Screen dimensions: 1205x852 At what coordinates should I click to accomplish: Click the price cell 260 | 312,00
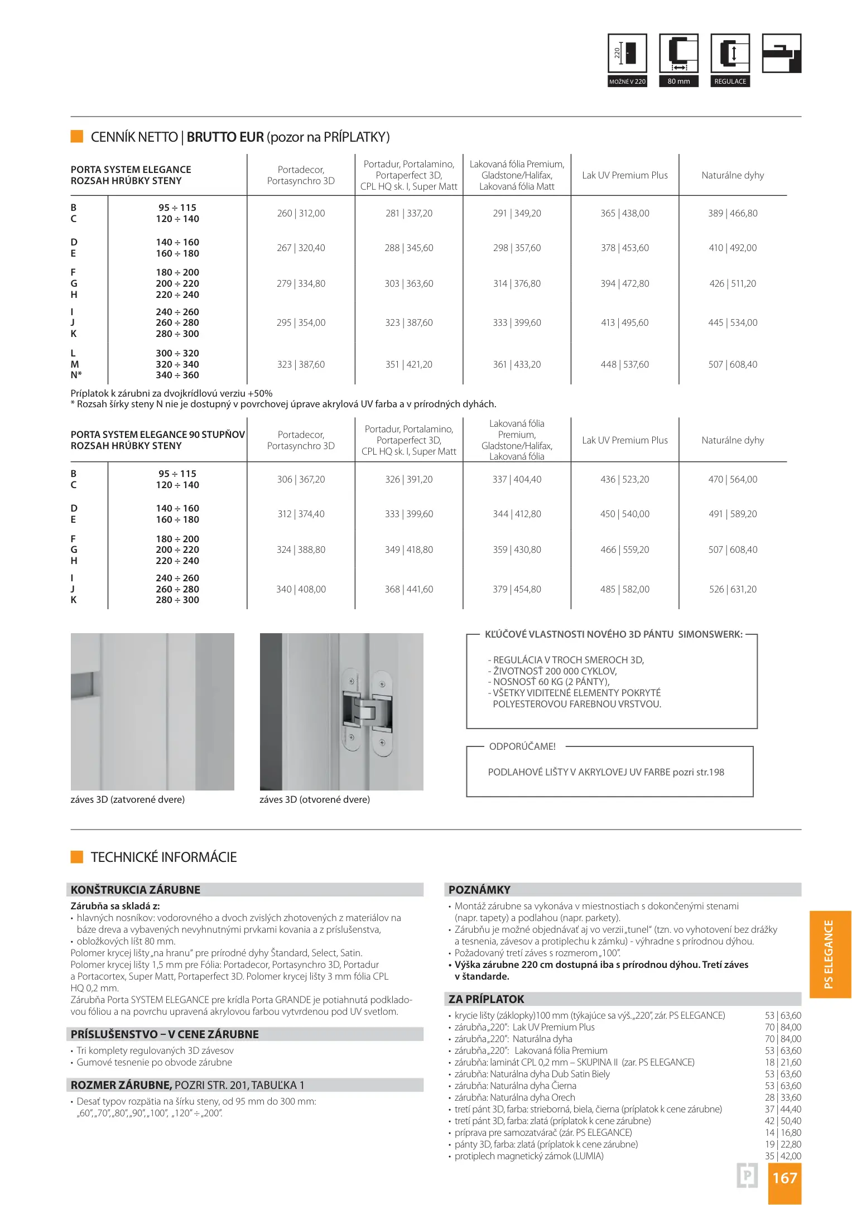click(x=301, y=213)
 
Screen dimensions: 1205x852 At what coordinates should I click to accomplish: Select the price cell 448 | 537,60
click(x=624, y=364)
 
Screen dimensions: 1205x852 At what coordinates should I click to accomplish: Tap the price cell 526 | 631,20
click(x=733, y=589)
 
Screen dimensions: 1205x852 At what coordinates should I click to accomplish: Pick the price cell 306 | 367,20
click(x=301, y=479)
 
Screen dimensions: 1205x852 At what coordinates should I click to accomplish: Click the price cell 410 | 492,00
click(x=733, y=248)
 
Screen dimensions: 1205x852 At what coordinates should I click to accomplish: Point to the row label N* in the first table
click(x=76, y=375)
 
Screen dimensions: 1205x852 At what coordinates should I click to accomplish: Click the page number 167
click(x=784, y=1178)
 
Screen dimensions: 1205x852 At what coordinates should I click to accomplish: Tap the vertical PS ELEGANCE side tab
click(x=829, y=954)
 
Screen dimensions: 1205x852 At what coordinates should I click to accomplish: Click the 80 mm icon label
click(x=678, y=81)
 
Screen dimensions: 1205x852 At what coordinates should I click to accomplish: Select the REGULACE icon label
click(x=730, y=81)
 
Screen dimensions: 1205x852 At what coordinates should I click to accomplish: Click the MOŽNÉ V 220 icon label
click(x=627, y=81)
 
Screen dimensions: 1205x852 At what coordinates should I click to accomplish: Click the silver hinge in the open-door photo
click(x=367, y=711)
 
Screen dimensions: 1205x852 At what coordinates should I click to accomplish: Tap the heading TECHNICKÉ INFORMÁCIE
click(x=163, y=857)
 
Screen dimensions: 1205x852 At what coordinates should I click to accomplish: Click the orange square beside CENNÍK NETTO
click(x=77, y=136)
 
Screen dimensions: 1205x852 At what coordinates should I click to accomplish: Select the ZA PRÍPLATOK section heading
click(x=487, y=999)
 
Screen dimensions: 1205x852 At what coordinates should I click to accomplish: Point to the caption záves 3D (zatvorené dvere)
click(x=128, y=799)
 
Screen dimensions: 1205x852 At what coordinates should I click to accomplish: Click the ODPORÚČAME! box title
click(x=522, y=746)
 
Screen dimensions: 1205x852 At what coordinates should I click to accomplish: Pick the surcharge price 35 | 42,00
click(x=783, y=1156)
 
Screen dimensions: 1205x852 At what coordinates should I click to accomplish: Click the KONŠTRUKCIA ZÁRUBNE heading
click(x=136, y=889)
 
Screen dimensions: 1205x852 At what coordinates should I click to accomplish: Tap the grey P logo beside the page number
click(x=747, y=1176)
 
